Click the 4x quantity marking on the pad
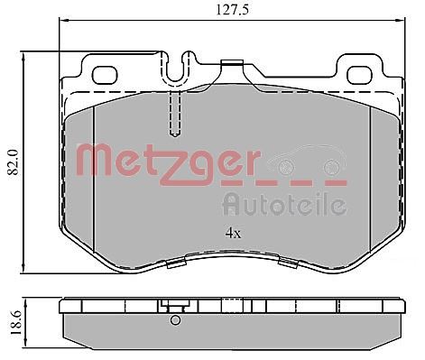[234, 232]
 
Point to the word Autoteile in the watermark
[284, 204]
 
